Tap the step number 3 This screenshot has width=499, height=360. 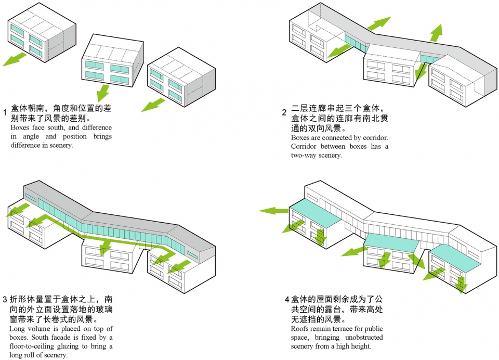pos(5,300)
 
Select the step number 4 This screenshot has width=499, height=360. pos(286,299)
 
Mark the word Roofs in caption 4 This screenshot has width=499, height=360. pos(300,329)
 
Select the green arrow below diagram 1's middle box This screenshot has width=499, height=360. pos(103,93)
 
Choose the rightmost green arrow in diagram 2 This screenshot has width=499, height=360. pos(437,33)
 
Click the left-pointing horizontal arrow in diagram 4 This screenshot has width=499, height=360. pos(274,211)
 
